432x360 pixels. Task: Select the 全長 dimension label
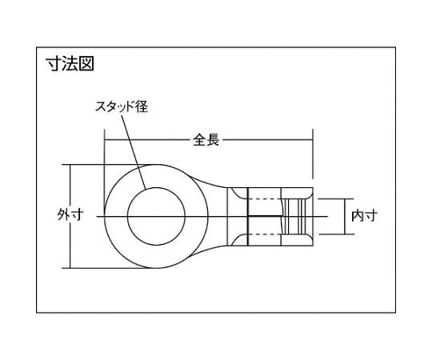click(206, 138)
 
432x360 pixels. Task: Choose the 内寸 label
click(365, 214)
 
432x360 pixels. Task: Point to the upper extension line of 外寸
click(84, 165)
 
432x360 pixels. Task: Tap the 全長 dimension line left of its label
click(148, 138)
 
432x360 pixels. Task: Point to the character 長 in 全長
click(213, 138)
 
